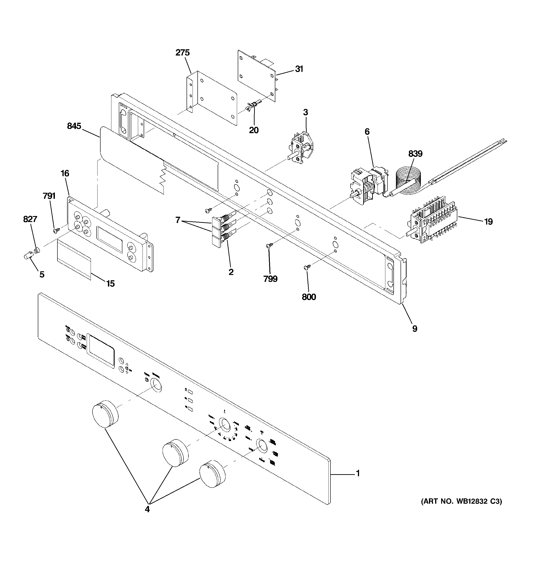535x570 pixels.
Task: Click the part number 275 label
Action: (x=183, y=53)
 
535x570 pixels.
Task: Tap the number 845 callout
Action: (x=74, y=126)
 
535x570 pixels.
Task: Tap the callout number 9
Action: (x=414, y=329)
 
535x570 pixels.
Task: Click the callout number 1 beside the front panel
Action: (x=358, y=473)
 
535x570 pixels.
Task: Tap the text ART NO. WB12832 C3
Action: (x=461, y=501)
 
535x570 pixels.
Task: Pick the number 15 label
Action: (x=110, y=284)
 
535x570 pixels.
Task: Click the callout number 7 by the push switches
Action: (x=178, y=220)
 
